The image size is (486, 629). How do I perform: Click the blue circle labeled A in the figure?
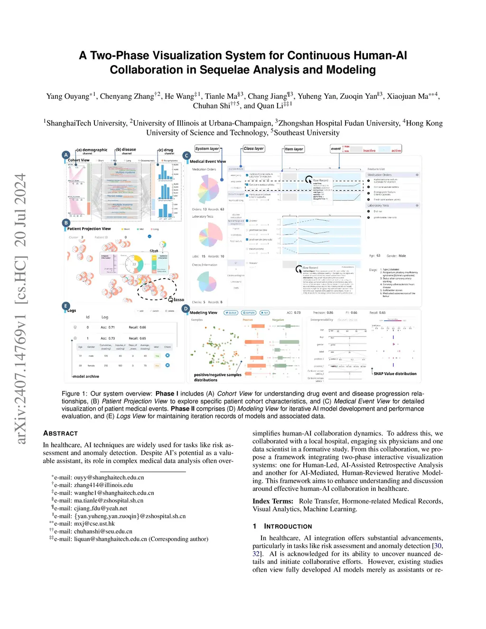[x=66, y=155]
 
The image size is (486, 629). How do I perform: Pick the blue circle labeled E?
[x=66, y=306]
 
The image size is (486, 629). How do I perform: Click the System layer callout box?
[x=207, y=149]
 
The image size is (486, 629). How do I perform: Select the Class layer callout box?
[x=253, y=149]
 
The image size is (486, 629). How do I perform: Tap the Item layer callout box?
[x=294, y=149]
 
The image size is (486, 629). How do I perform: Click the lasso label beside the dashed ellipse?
[x=178, y=300]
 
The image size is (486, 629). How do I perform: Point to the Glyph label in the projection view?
[x=154, y=251]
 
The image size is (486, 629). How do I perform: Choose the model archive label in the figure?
[x=86, y=376]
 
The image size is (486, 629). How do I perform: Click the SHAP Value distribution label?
[x=395, y=374]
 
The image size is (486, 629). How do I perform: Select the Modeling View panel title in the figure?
[x=203, y=312]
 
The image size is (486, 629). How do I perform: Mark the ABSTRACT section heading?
[x=60, y=433]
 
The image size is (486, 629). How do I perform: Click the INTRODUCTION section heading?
[x=288, y=526]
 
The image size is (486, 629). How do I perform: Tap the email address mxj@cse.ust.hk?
[x=94, y=524]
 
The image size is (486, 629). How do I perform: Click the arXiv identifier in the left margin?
[x=20, y=309]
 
